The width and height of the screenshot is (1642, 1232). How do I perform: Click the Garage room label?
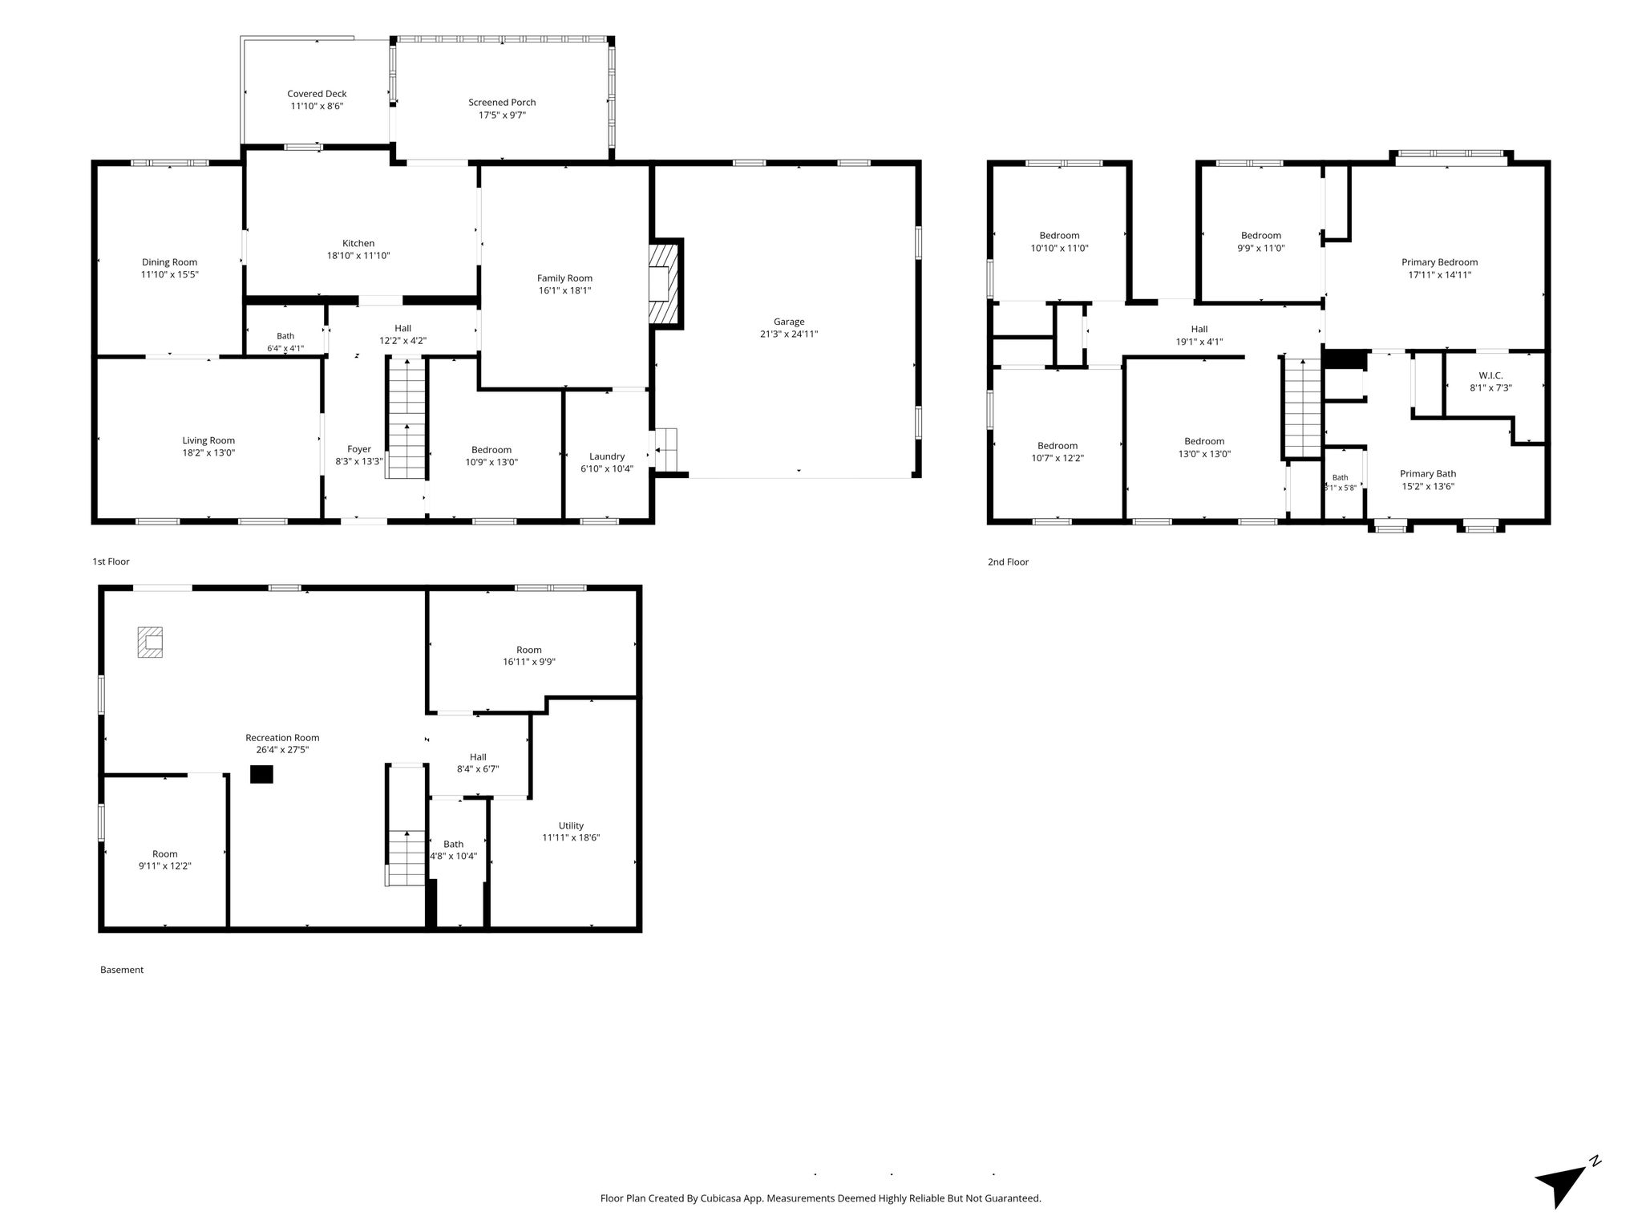click(789, 322)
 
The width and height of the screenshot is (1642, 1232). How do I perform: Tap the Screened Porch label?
click(502, 102)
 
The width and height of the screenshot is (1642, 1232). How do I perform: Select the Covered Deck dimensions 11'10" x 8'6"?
click(317, 106)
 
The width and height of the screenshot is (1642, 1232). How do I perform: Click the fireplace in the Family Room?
click(665, 283)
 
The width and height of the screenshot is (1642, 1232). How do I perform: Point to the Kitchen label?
click(358, 243)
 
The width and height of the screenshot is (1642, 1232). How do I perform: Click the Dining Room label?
click(169, 262)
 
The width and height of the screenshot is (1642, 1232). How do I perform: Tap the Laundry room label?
click(607, 456)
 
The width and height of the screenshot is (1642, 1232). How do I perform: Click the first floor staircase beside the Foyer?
click(406, 418)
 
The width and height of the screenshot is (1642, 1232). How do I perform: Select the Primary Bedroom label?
click(1439, 262)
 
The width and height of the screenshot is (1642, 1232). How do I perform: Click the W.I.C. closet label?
click(1491, 375)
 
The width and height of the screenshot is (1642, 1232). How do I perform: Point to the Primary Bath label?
click(1428, 474)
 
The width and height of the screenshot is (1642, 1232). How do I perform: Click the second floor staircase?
click(1302, 407)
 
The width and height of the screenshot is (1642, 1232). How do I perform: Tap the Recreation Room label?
click(282, 738)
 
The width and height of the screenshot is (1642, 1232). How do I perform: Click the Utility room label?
click(571, 825)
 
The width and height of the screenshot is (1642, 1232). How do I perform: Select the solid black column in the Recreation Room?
click(261, 774)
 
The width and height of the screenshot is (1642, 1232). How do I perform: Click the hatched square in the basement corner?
click(150, 642)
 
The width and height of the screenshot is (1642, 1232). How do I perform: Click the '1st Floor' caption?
click(111, 561)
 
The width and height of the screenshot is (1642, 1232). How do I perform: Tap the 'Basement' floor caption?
click(122, 970)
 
